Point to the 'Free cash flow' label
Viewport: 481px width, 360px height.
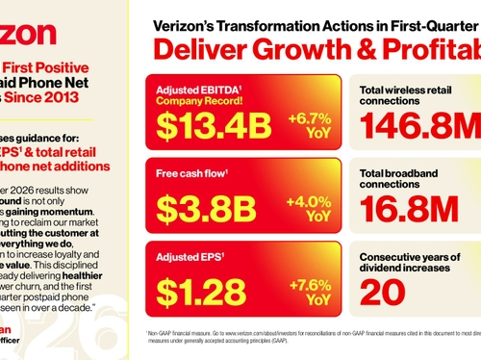pos(193,175)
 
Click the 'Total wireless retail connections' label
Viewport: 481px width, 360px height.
pos(405,94)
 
